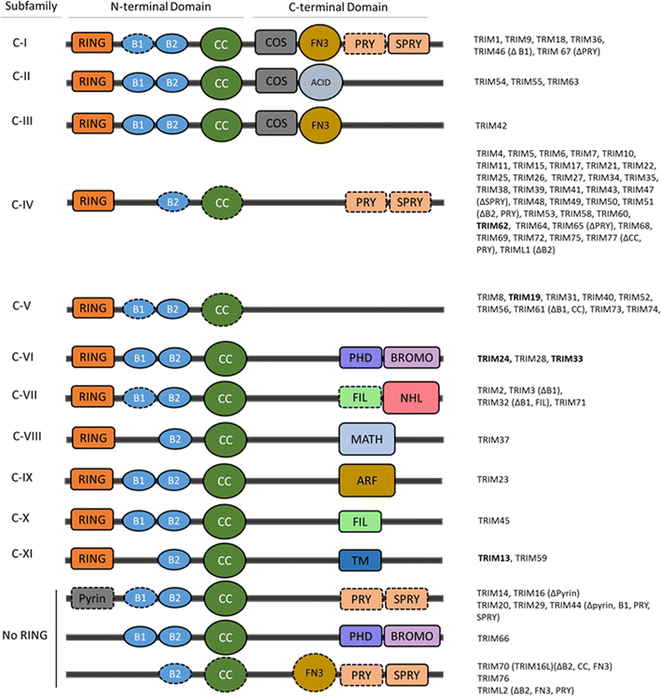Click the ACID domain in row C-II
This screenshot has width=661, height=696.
pos(321,83)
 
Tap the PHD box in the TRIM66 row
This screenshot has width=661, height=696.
pos(358,635)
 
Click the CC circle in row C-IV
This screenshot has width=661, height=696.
pos(222,200)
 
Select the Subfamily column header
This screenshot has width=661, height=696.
pos(30,7)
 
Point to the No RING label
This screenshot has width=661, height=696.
pos(27,637)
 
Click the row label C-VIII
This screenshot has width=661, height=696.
pos(31,434)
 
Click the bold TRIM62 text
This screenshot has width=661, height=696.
pos(495,225)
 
